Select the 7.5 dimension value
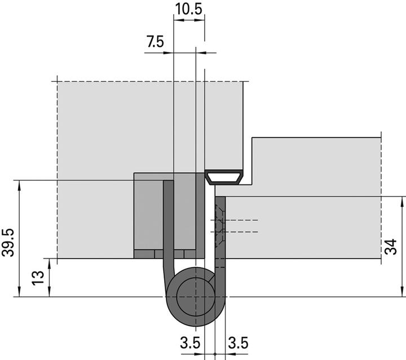click(x=156, y=42)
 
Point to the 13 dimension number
click(x=38, y=278)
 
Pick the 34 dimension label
click(x=393, y=247)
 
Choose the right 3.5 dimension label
click(x=237, y=343)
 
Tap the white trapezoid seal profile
click(x=224, y=178)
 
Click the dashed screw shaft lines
click(x=242, y=226)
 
